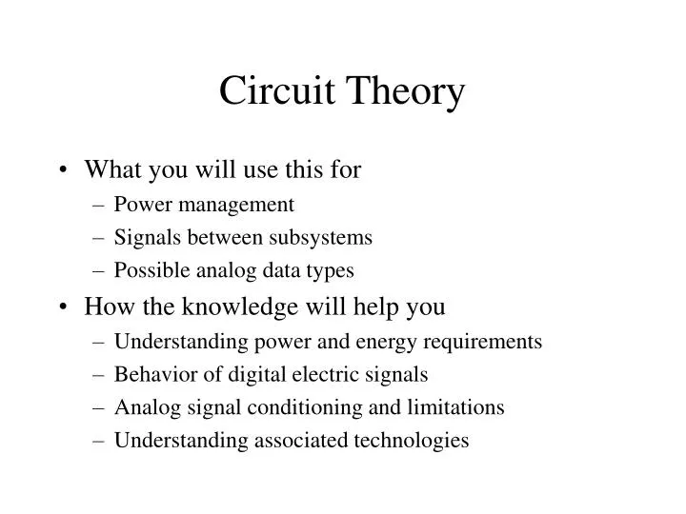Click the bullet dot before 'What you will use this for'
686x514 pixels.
click(67, 171)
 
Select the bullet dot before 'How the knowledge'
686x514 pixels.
click(67, 308)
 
